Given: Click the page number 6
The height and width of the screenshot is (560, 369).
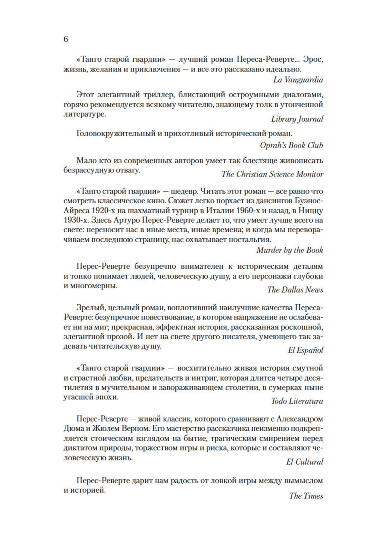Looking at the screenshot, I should coord(66,39).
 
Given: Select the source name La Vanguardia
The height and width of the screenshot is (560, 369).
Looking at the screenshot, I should coord(298,80).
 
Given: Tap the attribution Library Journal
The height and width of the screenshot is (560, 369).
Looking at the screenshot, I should coord(297,119).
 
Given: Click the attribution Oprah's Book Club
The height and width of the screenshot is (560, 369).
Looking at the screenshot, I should coord(291,145).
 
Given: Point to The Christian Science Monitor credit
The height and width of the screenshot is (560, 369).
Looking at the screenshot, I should coord(272,174).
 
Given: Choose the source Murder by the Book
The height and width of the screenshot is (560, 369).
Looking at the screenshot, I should coord(289,250).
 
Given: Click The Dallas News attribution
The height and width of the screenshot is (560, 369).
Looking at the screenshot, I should coord(295,290).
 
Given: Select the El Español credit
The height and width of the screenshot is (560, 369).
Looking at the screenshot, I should coord(305,350).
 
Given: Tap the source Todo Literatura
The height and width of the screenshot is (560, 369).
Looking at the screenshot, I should coord(297,401).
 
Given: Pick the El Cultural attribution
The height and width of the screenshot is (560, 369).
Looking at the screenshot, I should coord(304,462).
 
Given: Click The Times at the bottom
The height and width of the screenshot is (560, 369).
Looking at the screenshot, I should coord(306,496).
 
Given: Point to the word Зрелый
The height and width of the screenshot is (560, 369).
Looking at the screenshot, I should coord(88,308).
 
